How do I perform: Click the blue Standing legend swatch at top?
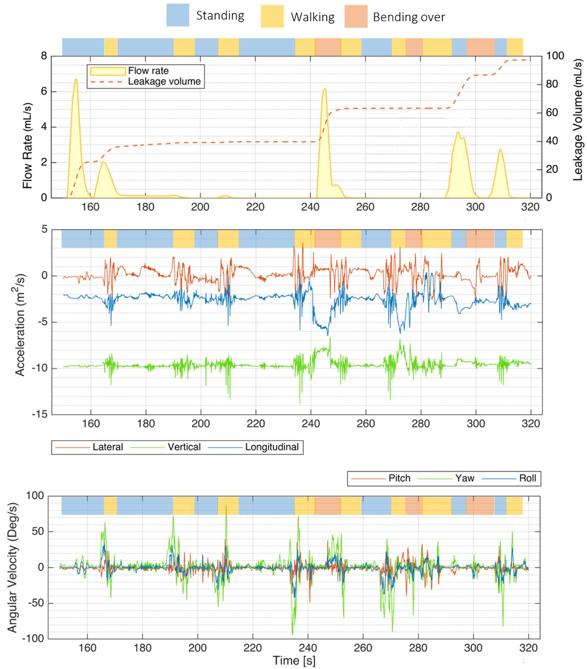[178, 15]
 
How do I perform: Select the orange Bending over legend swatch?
[356, 16]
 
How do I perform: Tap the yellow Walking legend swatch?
[272, 16]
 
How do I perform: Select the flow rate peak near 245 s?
[324, 89]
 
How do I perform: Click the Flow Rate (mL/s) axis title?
[28, 146]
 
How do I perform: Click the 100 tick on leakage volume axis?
[555, 56]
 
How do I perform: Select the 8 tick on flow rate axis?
[44, 56]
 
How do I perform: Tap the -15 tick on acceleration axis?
[40, 414]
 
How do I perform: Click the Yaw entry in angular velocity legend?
[464, 478]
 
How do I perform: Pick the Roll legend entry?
[527, 478]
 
